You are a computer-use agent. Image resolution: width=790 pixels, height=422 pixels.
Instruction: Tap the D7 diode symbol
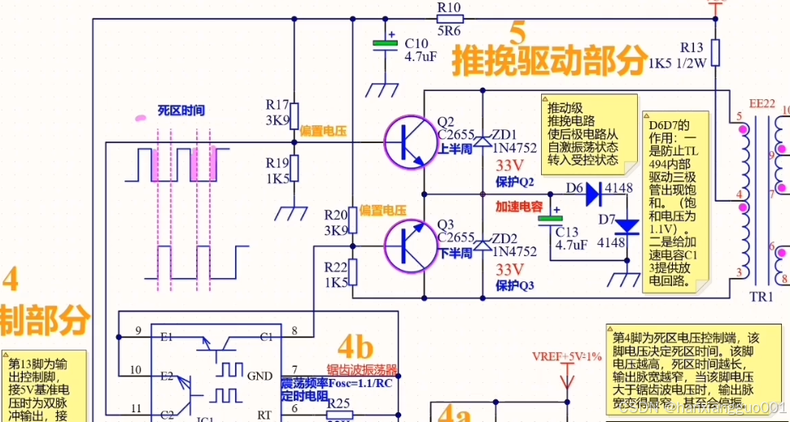click(626, 225)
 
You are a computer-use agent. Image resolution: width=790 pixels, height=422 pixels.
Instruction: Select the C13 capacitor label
click(567, 231)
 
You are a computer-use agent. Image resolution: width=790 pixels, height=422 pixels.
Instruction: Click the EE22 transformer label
click(762, 103)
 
